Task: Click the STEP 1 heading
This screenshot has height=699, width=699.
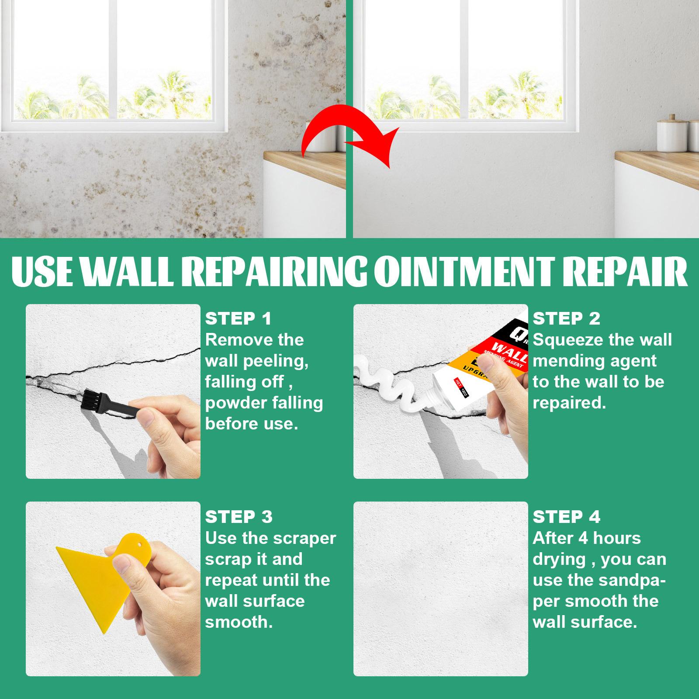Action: point(239,318)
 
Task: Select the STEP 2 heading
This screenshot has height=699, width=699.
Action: point(567,318)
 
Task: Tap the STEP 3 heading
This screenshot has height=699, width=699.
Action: point(239,517)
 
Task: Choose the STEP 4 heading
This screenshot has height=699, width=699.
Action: point(567,517)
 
